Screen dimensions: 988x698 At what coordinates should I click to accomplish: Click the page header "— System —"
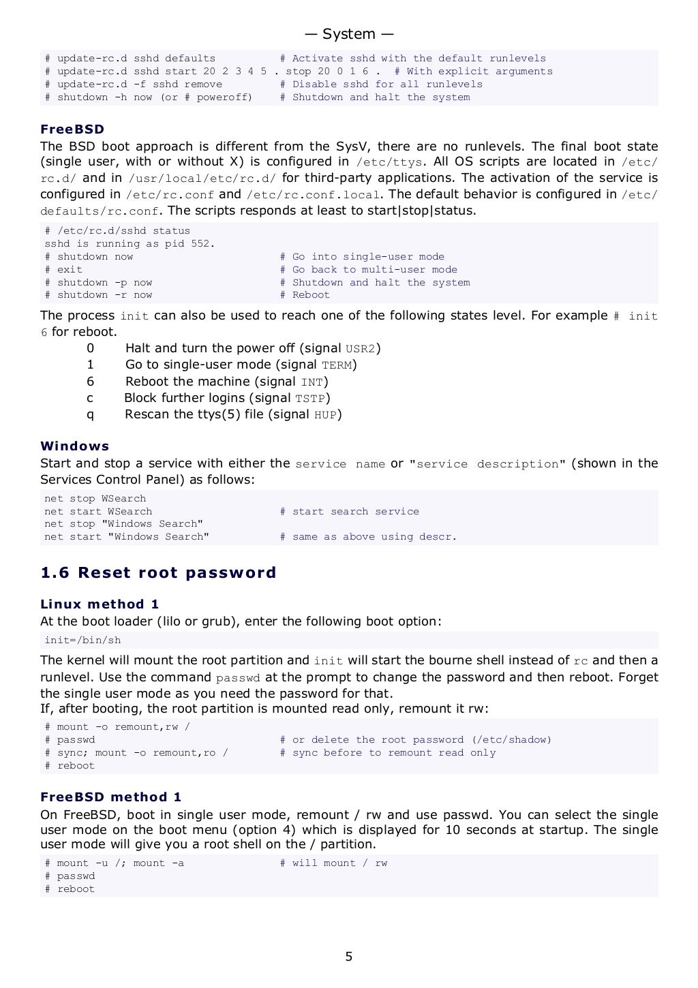(x=348, y=34)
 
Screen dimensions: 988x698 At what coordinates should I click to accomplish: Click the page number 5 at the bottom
(x=348, y=957)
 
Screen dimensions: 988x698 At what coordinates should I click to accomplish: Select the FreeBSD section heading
(x=72, y=129)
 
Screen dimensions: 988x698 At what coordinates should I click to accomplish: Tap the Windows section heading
(x=75, y=446)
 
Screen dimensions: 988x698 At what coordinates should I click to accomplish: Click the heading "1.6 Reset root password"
(x=158, y=572)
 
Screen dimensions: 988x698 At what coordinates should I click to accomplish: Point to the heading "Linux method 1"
(x=100, y=604)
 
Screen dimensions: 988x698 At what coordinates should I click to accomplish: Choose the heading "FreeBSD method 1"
(x=111, y=797)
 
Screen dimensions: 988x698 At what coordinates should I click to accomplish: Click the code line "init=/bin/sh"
(x=82, y=640)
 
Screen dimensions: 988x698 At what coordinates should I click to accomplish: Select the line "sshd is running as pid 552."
(x=130, y=244)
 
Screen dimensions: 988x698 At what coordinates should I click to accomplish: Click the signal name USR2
(x=361, y=349)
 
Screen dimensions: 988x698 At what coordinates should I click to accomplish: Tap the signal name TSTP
(x=310, y=399)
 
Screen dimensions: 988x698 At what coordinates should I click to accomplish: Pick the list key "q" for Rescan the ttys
(x=90, y=415)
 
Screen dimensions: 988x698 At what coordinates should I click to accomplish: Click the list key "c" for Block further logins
(x=90, y=399)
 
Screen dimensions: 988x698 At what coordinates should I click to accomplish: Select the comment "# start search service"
(x=349, y=512)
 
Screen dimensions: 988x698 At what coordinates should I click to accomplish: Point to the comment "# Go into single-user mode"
(x=362, y=257)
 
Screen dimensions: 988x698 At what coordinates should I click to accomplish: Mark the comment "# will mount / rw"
(x=333, y=863)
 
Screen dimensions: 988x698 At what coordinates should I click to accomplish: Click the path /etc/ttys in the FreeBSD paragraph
(x=389, y=162)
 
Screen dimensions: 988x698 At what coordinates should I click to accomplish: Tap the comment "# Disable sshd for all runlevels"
(x=381, y=84)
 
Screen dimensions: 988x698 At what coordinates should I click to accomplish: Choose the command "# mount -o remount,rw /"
(x=117, y=727)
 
